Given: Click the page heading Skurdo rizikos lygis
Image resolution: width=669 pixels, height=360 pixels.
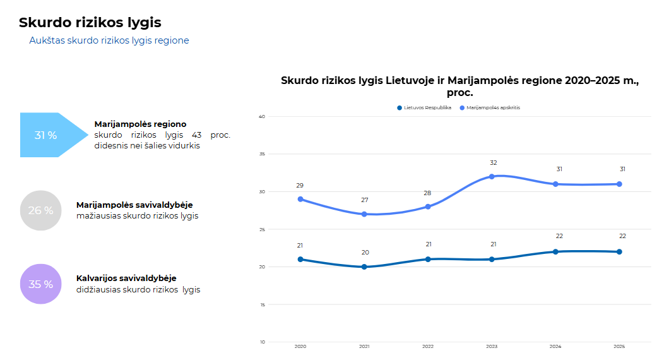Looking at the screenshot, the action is pos(90,23).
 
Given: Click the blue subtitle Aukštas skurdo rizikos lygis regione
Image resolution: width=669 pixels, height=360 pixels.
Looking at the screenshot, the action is pos(109,40).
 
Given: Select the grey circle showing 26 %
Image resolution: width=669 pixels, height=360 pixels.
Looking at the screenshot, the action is pos(41,210).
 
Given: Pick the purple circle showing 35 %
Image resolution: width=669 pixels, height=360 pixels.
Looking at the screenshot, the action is pos(41,284).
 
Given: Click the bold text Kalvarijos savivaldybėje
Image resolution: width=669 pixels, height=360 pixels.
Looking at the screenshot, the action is pos(126,279).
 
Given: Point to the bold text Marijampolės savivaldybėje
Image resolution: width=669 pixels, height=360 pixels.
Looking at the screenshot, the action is pos(134,205).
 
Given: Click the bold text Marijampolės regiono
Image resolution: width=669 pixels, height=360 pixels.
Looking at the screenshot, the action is pos(140,124).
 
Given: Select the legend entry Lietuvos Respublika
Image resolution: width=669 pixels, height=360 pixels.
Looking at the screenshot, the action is pos(424,107).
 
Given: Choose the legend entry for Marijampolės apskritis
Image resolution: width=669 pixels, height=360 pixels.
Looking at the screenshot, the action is pos(490,107).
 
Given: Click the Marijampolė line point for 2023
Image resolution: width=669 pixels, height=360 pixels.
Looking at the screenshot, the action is pos(492,176).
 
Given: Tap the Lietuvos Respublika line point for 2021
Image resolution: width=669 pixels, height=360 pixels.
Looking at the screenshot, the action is pos(364,267).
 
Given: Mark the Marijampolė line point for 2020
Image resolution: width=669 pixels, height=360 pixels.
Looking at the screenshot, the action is pos(300,199).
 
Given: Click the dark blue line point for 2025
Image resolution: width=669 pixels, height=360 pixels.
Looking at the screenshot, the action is pos(619,252).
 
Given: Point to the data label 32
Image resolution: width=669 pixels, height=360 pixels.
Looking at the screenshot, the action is pos(493,163).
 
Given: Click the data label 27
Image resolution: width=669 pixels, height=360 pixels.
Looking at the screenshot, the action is pos(364,200).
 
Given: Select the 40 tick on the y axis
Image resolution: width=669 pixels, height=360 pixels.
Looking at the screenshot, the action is pos(262,117).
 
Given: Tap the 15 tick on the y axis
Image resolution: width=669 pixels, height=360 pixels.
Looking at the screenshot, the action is pos(263,304).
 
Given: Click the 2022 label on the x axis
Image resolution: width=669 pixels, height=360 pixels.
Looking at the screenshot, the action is pos(428,346).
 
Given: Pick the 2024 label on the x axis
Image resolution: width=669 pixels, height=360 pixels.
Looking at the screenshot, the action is pos(555,346).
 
